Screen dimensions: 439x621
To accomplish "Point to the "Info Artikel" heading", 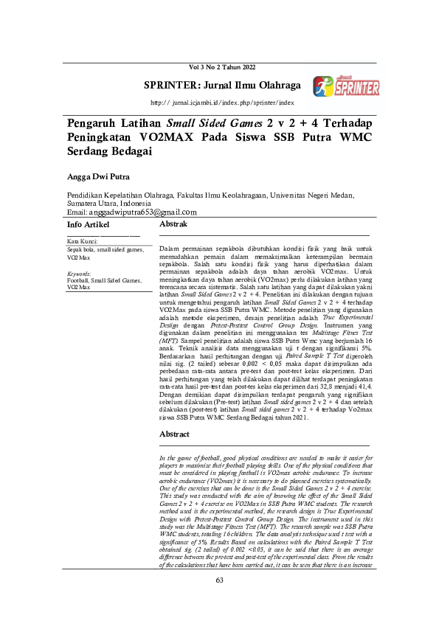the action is point(88,223).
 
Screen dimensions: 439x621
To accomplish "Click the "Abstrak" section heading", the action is point(173,223).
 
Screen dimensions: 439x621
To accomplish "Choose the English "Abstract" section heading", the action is point(175,434).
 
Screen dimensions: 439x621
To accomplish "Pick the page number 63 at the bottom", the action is point(219,601).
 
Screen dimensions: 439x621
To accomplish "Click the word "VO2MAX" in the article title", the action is point(176,137).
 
